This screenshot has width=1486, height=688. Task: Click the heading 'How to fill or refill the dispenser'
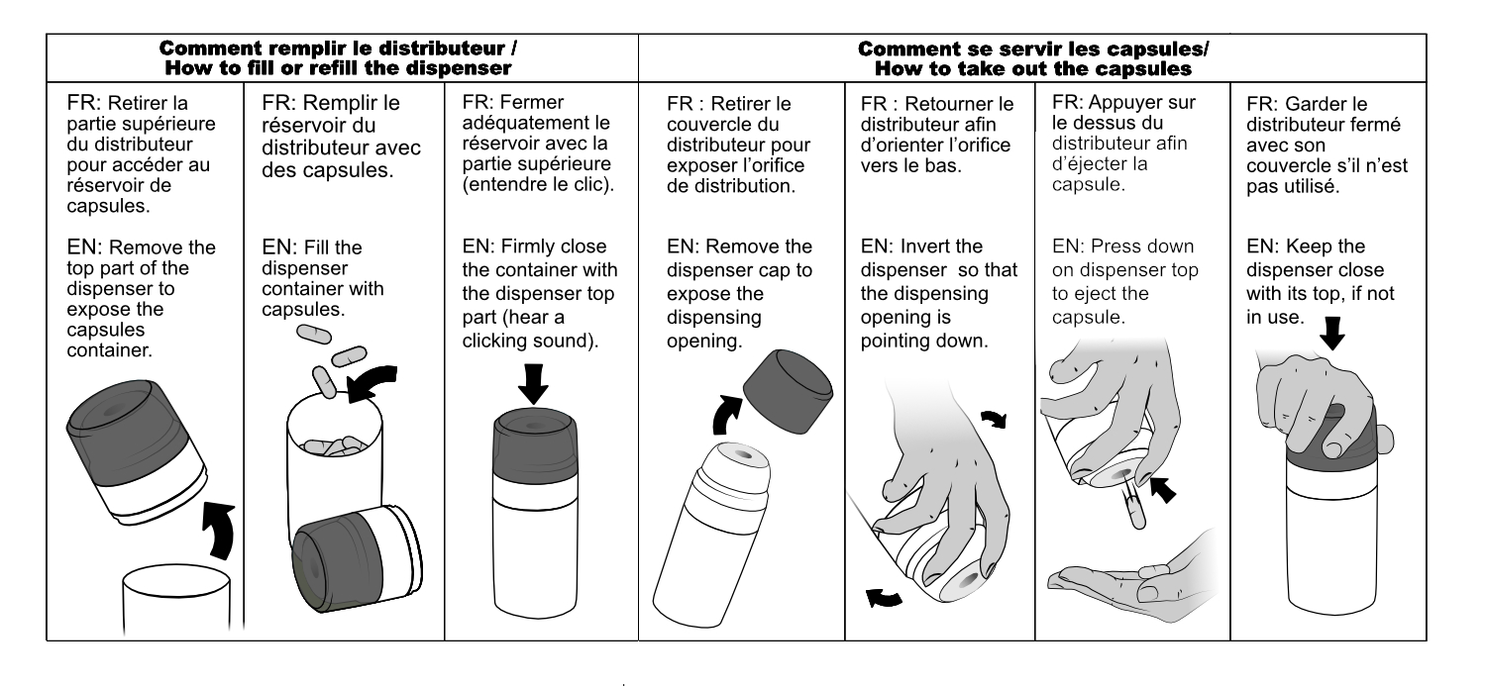[x=339, y=68]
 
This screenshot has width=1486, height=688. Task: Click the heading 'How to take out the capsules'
[x=1033, y=69]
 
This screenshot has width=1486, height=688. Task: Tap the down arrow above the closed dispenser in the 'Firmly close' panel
[x=533, y=384]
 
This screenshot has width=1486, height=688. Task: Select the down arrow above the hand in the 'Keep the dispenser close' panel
[x=1331, y=333]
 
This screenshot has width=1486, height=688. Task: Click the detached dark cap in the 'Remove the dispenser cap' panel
[x=788, y=391]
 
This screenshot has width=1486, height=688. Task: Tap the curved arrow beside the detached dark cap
[x=726, y=414]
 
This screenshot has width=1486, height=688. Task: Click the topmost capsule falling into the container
[x=314, y=334]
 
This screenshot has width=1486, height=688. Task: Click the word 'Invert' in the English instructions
[x=941, y=246]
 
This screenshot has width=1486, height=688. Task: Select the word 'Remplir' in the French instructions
[x=351, y=103]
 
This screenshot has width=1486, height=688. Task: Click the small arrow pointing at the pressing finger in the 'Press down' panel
[x=1163, y=489]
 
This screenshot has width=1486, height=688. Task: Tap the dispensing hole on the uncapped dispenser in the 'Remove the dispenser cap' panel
[x=742, y=455]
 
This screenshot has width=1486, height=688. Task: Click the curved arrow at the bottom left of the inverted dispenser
[x=885, y=597]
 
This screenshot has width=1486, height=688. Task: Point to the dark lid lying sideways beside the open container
[x=357, y=558]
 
